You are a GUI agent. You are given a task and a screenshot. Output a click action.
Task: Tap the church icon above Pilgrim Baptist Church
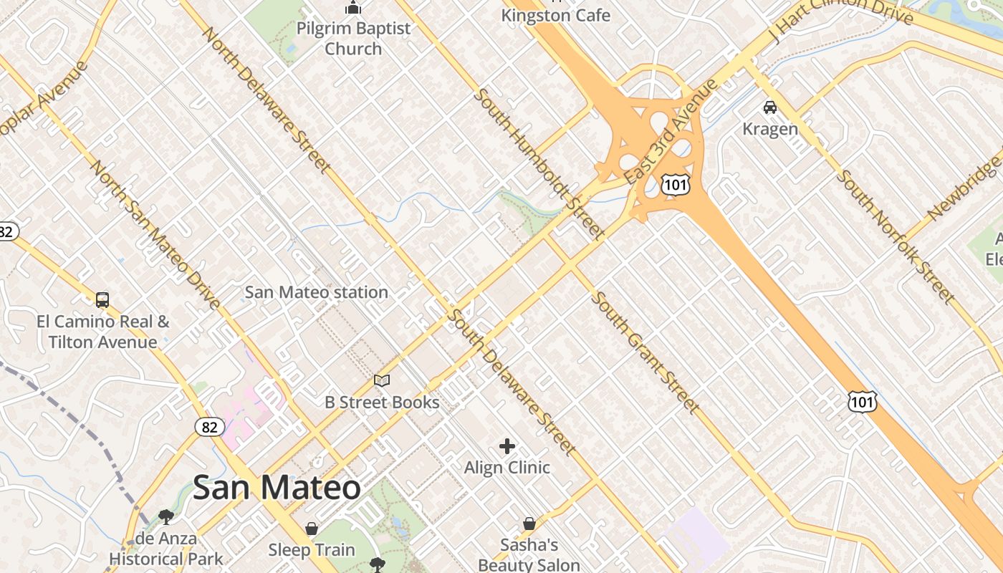click(x=353, y=8)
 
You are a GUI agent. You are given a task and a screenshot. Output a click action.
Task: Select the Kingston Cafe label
click(x=555, y=15)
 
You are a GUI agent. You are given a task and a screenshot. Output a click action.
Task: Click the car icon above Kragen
click(x=770, y=107)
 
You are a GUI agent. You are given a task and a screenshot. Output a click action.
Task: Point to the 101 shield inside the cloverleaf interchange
click(x=675, y=186)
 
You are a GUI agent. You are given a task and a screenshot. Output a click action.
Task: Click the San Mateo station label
click(x=316, y=292)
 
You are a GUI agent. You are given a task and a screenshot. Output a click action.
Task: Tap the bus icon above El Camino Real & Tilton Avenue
click(x=102, y=300)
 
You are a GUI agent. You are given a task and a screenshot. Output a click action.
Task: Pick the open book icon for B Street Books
click(x=382, y=381)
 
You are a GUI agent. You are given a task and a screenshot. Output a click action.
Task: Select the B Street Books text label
click(x=382, y=402)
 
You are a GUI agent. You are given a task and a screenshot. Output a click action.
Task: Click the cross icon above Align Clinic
click(x=507, y=447)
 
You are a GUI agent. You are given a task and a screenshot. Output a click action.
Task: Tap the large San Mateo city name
click(x=277, y=488)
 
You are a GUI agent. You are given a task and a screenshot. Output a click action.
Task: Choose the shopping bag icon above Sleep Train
click(x=312, y=529)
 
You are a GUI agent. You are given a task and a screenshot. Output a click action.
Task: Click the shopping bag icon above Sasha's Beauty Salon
click(x=529, y=524)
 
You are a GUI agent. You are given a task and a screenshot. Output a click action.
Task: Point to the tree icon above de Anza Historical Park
click(x=166, y=516)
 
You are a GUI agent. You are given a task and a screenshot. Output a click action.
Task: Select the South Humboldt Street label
click(x=539, y=163)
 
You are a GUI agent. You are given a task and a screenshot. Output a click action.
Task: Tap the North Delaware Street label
click(x=267, y=100)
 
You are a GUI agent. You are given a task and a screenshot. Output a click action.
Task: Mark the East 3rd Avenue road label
click(x=671, y=131)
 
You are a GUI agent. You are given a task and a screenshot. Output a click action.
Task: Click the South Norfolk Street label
click(x=896, y=236)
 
